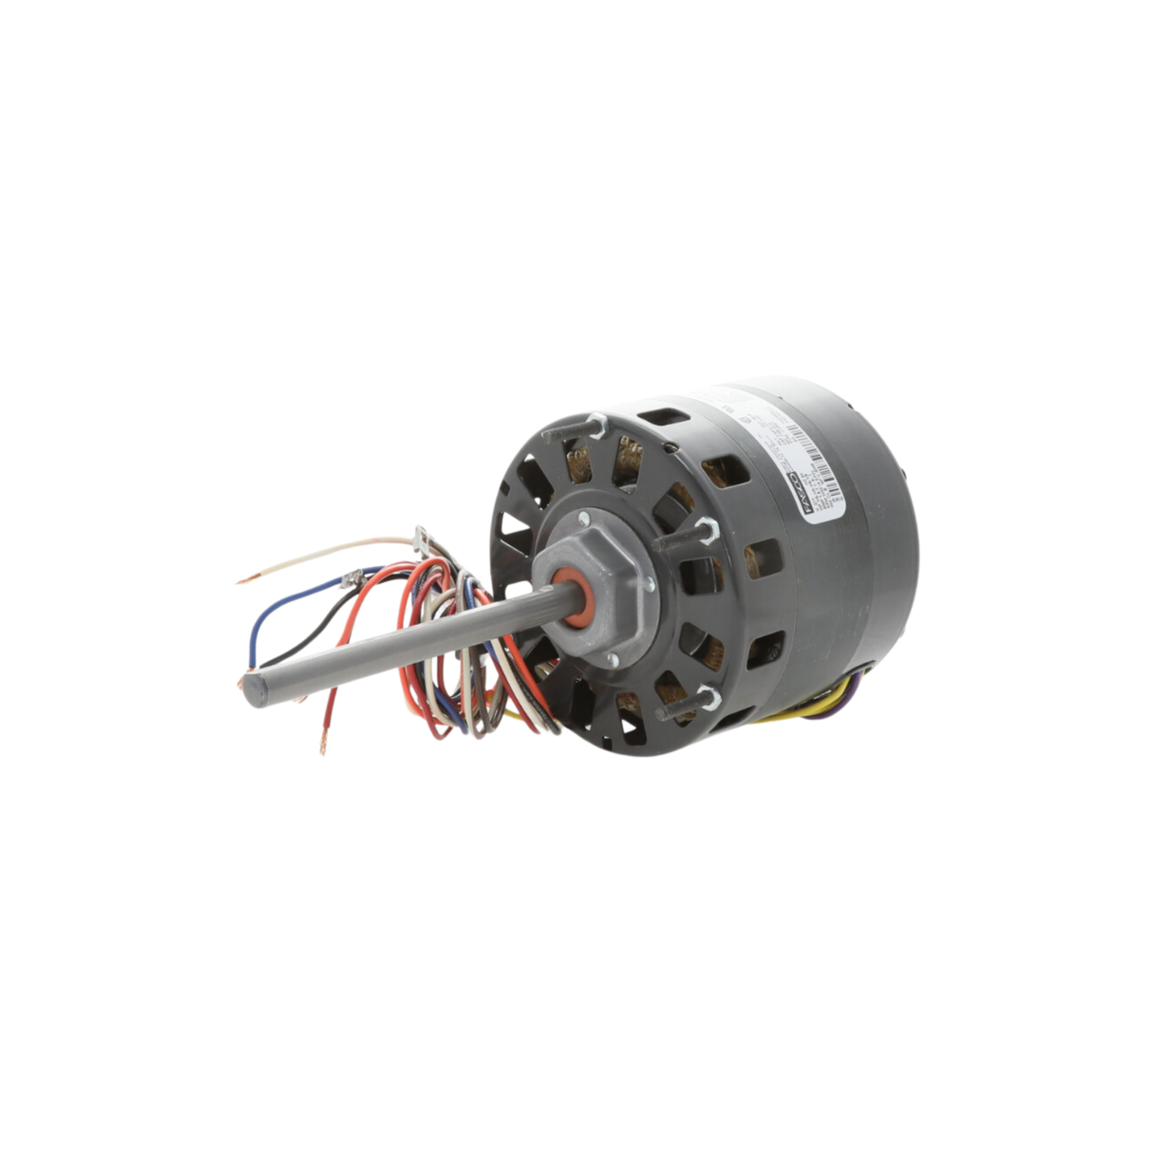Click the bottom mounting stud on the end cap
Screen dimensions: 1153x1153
[x=704, y=702]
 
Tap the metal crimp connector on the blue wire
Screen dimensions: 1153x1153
[x=353, y=575]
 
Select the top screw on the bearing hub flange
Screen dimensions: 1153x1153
[x=582, y=519]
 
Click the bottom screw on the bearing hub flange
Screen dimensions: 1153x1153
[x=614, y=660]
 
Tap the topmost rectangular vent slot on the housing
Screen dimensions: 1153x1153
[x=656, y=417]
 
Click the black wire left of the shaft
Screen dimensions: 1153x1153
[x=304, y=637]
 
